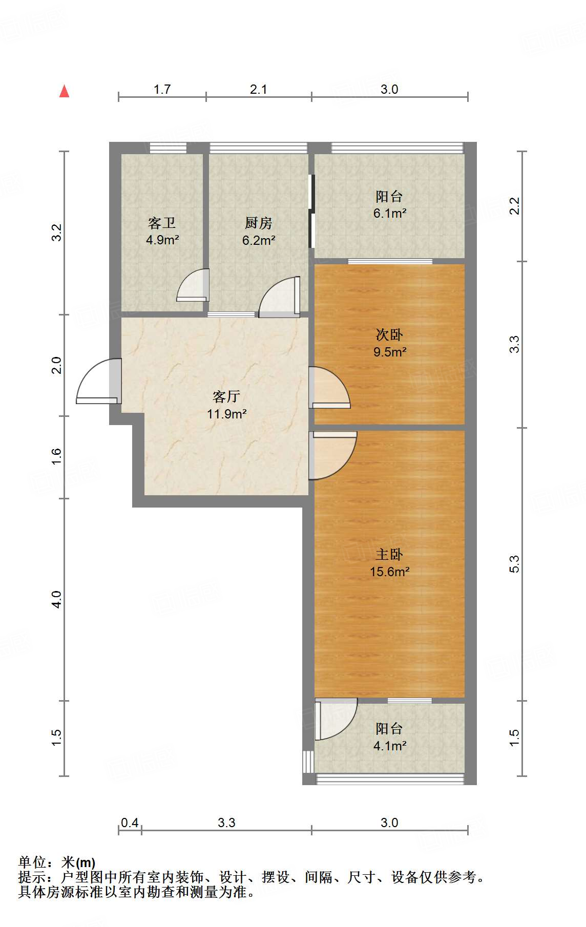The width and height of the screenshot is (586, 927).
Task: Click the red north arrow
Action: click(64, 91)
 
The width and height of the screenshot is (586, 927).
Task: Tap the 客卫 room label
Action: click(162, 223)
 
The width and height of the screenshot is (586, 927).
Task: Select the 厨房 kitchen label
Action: click(258, 223)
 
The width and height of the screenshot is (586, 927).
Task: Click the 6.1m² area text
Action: click(390, 213)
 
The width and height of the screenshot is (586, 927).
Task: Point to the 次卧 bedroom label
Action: click(389, 334)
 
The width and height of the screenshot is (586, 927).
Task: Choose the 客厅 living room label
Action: click(226, 396)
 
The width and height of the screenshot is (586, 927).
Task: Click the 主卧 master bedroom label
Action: click(389, 554)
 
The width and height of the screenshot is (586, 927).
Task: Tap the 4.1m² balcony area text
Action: click(390, 746)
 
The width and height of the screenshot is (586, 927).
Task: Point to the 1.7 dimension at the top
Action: click(162, 89)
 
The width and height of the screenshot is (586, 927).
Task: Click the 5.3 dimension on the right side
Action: click(514, 564)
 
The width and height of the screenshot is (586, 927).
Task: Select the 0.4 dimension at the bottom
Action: click(130, 823)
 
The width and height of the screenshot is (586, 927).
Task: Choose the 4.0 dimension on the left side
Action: click(56, 600)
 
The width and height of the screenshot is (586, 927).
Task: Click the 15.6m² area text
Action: click(390, 572)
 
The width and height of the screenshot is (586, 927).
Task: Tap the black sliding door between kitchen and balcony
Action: click(311, 212)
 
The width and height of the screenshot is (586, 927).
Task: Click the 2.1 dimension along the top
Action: click(259, 89)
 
